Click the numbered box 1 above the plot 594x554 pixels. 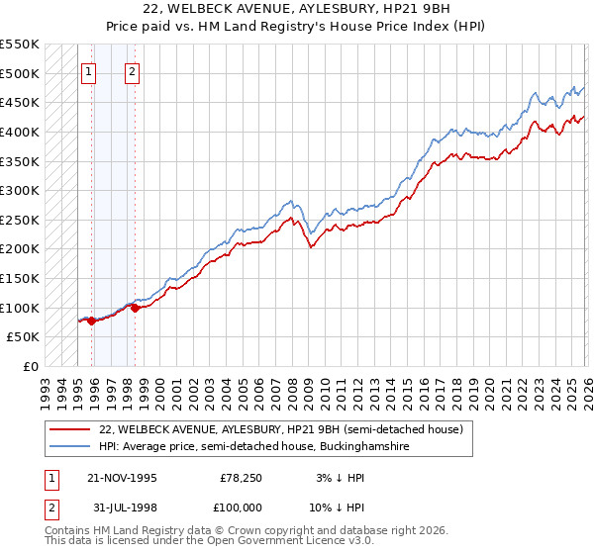point(88,71)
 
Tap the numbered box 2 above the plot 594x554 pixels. point(132,71)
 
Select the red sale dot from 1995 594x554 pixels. point(91,321)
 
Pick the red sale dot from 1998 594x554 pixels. point(135,308)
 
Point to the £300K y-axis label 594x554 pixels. point(20,190)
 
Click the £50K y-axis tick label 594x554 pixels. point(24,337)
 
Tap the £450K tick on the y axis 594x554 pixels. point(20,102)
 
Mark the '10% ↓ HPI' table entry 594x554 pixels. point(338,508)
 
